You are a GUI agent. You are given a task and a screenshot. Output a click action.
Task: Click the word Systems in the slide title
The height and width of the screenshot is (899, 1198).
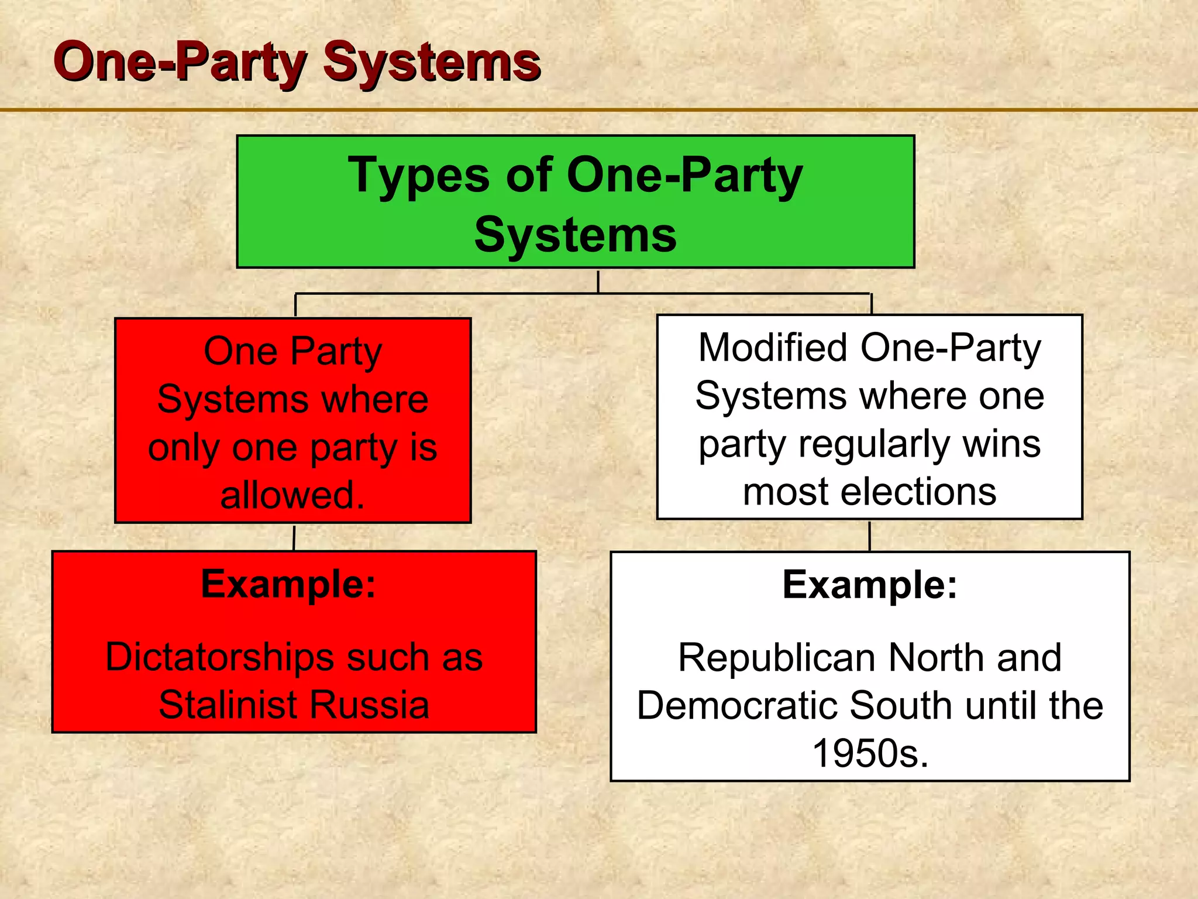point(432,63)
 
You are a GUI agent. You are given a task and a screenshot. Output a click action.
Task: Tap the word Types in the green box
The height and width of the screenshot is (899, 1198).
point(418,176)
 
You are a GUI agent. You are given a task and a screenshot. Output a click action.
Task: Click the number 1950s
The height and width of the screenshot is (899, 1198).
point(870,753)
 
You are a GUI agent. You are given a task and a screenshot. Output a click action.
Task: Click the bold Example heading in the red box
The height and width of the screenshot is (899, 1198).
point(288,584)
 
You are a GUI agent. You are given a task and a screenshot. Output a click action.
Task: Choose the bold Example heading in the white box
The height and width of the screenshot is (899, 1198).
point(870,585)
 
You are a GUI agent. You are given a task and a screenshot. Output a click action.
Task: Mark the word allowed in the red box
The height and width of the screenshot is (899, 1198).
point(292,495)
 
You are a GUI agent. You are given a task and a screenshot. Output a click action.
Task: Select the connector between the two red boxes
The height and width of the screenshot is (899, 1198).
point(294,537)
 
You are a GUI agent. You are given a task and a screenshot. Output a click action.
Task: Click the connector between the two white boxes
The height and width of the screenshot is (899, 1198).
point(870,536)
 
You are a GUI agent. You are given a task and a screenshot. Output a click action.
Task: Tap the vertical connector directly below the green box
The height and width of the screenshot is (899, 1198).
point(598,281)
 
